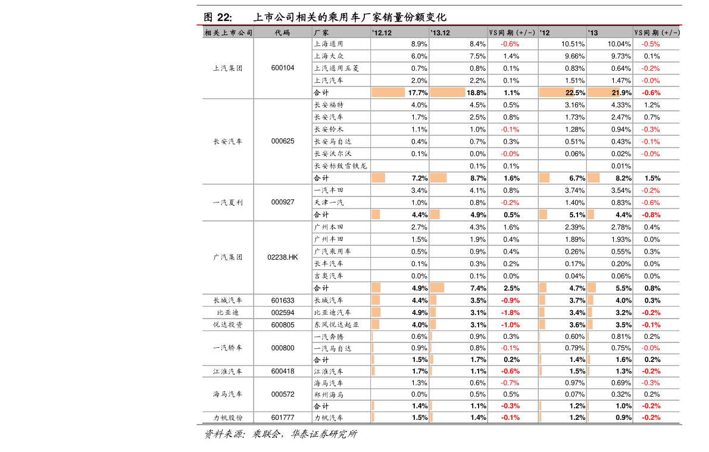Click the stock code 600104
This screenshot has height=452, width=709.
(283, 68)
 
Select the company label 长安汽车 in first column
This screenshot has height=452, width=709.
(228, 141)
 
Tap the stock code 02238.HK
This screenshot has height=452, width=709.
(283, 257)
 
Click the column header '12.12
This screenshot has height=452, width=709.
(382, 33)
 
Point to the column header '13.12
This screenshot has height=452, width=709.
(440, 33)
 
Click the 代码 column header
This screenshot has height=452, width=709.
(283, 33)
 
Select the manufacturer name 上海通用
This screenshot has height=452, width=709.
(329, 44)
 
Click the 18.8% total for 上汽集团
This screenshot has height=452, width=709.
(476, 93)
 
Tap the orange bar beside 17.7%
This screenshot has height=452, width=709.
(388, 92)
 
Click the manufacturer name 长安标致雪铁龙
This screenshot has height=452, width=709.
(341, 166)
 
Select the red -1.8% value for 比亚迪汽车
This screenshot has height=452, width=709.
(511, 313)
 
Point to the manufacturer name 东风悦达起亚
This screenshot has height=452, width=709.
(336, 325)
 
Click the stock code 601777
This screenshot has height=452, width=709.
(283, 417)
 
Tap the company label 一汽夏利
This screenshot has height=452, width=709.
(228, 202)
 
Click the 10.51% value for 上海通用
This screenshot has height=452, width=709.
(573, 44)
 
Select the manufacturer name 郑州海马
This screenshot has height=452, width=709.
(329, 395)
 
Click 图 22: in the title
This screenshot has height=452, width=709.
(217, 17)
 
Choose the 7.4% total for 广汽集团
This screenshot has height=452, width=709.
(479, 288)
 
